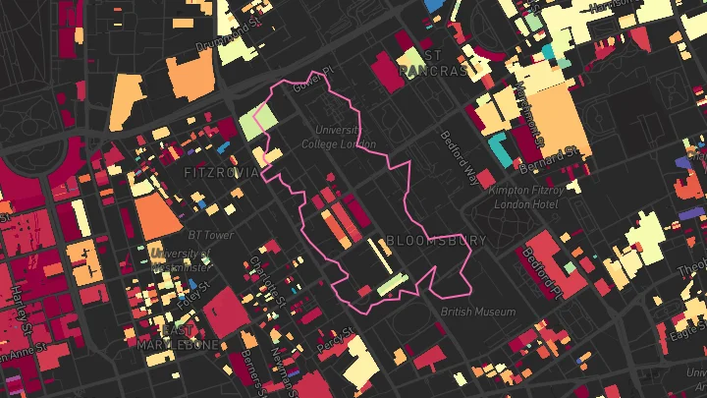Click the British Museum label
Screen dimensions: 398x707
click(x=478, y=312)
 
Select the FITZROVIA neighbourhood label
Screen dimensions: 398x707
click(x=222, y=172)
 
